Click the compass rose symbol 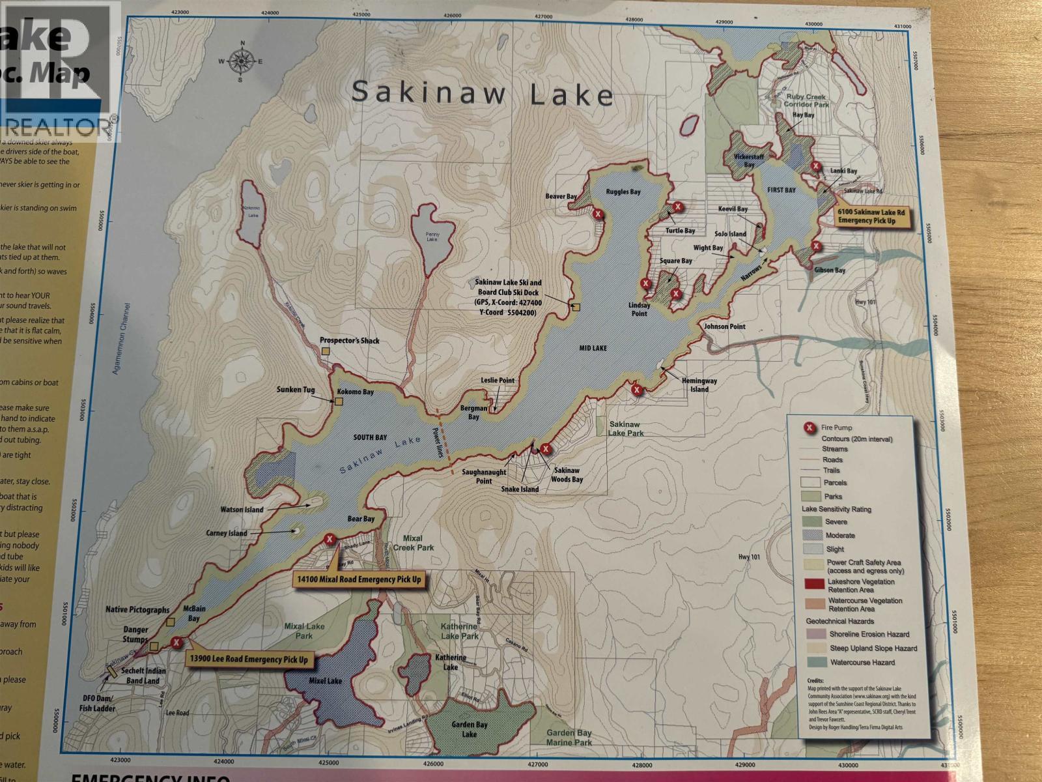tap(242, 61)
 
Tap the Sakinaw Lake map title tap(482, 93)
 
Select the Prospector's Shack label tap(350, 341)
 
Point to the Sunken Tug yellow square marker tap(339, 401)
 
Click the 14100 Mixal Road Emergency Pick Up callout tap(359, 579)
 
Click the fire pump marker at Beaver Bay tap(598, 214)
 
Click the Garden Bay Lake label tap(470, 729)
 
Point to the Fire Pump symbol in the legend tap(809, 428)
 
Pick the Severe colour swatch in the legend tap(813, 522)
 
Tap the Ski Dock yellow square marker tap(576, 307)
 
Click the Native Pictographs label tap(137, 610)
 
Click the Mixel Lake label tap(325, 681)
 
